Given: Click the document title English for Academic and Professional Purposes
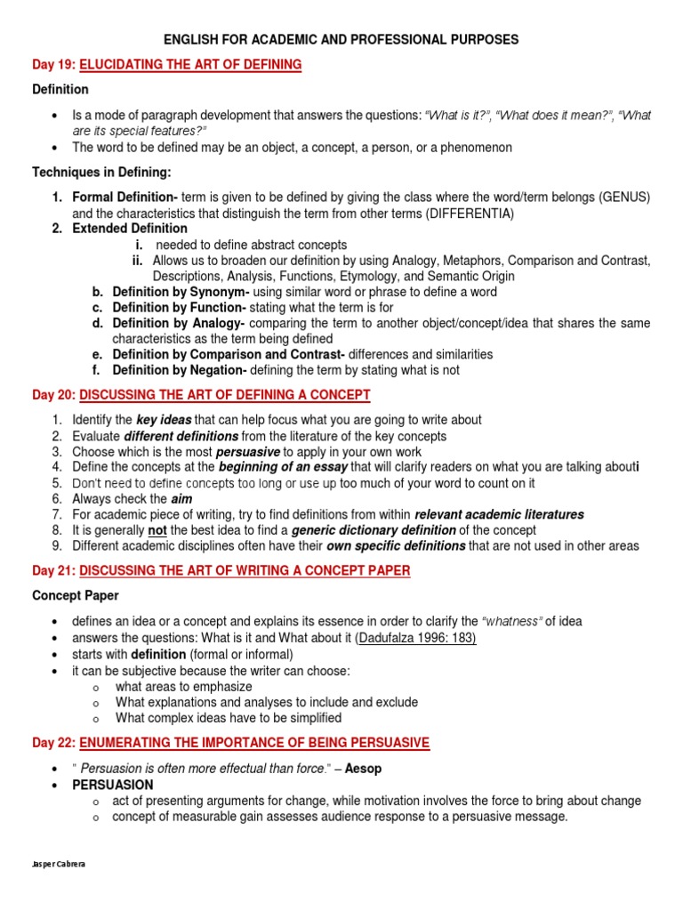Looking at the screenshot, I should pos(341,40).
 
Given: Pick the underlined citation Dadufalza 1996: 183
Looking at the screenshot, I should pos(416,638).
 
